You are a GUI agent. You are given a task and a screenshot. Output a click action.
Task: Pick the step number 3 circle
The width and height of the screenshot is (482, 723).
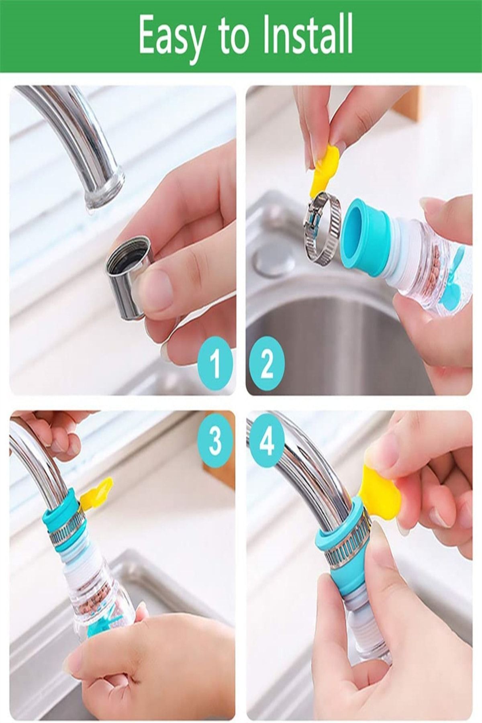pos(216,440)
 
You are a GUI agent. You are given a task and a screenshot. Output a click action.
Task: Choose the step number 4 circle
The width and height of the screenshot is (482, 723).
pos(266,440)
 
